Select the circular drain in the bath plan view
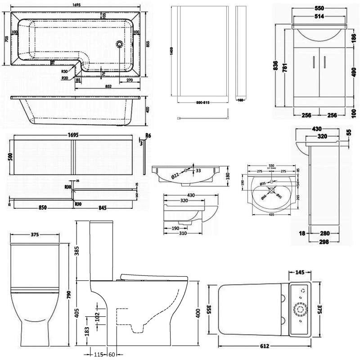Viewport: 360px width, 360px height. pos(119,44)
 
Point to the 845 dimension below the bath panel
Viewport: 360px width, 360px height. pos(105,208)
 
